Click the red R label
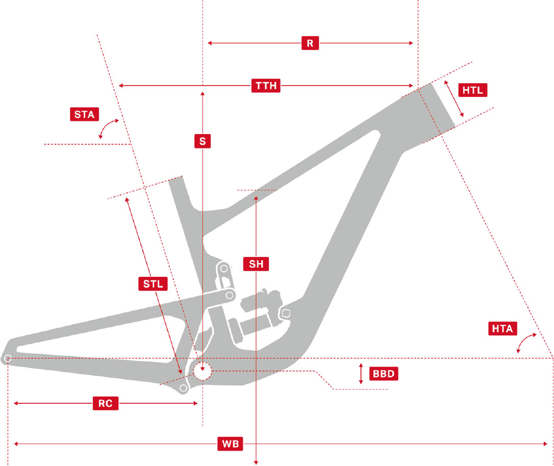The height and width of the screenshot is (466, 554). [x=310, y=43]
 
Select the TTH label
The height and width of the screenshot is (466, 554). [x=266, y=86]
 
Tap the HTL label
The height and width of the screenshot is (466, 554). [x=473, y=90]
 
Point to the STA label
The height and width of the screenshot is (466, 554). [x=84, y=114]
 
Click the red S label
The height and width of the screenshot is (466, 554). [x=203, y=141]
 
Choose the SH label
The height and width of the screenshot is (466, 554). [x=256, y=264]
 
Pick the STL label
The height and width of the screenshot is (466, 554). [x=153, y=283]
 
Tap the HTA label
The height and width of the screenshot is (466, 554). [x=502, y=328]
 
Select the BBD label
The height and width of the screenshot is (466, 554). [x=383, y=374]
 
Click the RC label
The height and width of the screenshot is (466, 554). [x=105, y=403]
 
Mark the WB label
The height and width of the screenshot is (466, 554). [x=230, y=444]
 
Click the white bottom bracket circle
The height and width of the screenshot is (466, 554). [x=203, y=371]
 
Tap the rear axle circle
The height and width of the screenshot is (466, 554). [x=8, y=358]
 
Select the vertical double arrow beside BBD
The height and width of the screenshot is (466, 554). [x=361, y=374]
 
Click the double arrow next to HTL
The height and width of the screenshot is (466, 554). [x=454, y=98]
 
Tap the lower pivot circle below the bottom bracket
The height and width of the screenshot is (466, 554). [x=183, y=389]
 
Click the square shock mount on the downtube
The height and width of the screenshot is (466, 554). [x=286, y=313]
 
